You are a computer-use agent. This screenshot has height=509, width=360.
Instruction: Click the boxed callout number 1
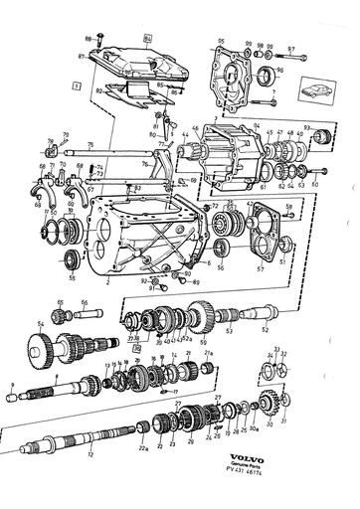tap(77, 87)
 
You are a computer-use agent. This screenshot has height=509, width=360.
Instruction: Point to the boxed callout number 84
tap(147, 37)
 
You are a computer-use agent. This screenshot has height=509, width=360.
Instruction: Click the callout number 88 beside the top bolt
tap(87, 36)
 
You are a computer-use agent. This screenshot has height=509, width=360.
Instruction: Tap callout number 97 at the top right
tap(291, 47)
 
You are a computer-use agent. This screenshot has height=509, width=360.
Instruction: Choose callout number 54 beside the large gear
tap(41, 324)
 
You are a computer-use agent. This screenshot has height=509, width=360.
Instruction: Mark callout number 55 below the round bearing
tap(71, 282)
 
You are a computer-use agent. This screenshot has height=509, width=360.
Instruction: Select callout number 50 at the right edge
tap(314, 184)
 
